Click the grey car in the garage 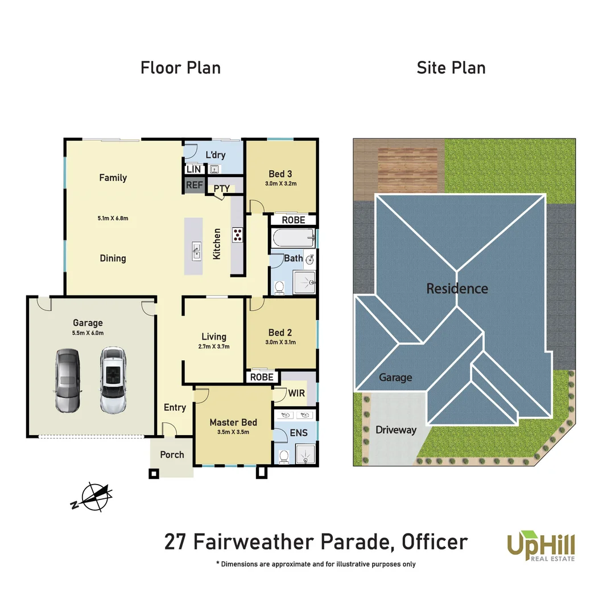(x=68, y=380)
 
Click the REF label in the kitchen (x=194, y=186)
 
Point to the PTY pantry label (x=221, y=188)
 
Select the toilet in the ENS (x=283, y=456)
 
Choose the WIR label (x=296, y=393)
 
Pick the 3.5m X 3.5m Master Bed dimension (x=233, y=432)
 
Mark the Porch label (x=172, y=454)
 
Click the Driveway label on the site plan (x=396, y=430)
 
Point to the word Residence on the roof (x=457, y=289)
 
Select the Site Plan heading (x=451, y=68)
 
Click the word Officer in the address (x=435, y=542)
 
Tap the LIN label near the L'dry (x=193, y=169)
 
